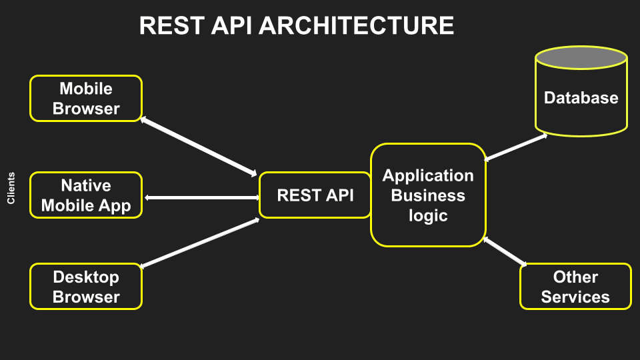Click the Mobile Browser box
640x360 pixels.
click(x=86, y=98)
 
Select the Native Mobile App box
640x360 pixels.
click(x=86, y=195)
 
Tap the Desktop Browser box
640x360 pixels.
click(x=86, y=287)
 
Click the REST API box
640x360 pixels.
click(x=315, y=195)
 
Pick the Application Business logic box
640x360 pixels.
click(x=428, y=195)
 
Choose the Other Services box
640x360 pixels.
click(x=575, y=287)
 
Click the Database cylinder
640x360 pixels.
click(x=581, y=100)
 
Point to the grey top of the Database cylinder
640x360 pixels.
click(x=581, y=57)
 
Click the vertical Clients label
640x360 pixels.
click(x=11, y=189)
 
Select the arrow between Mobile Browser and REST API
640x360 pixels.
click(x=199, y=147)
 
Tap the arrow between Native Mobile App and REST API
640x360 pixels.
click(x=201, y=198)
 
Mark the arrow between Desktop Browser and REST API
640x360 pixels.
click(x=199, y=243)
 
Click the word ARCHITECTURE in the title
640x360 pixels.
click(x=356, y=26)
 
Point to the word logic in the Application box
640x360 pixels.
click(x=428, y=216)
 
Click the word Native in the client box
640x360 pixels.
click(x=86, y=185)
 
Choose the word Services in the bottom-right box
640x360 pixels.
click(x=575, y=297)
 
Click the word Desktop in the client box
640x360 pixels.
click(x=86, y=277)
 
